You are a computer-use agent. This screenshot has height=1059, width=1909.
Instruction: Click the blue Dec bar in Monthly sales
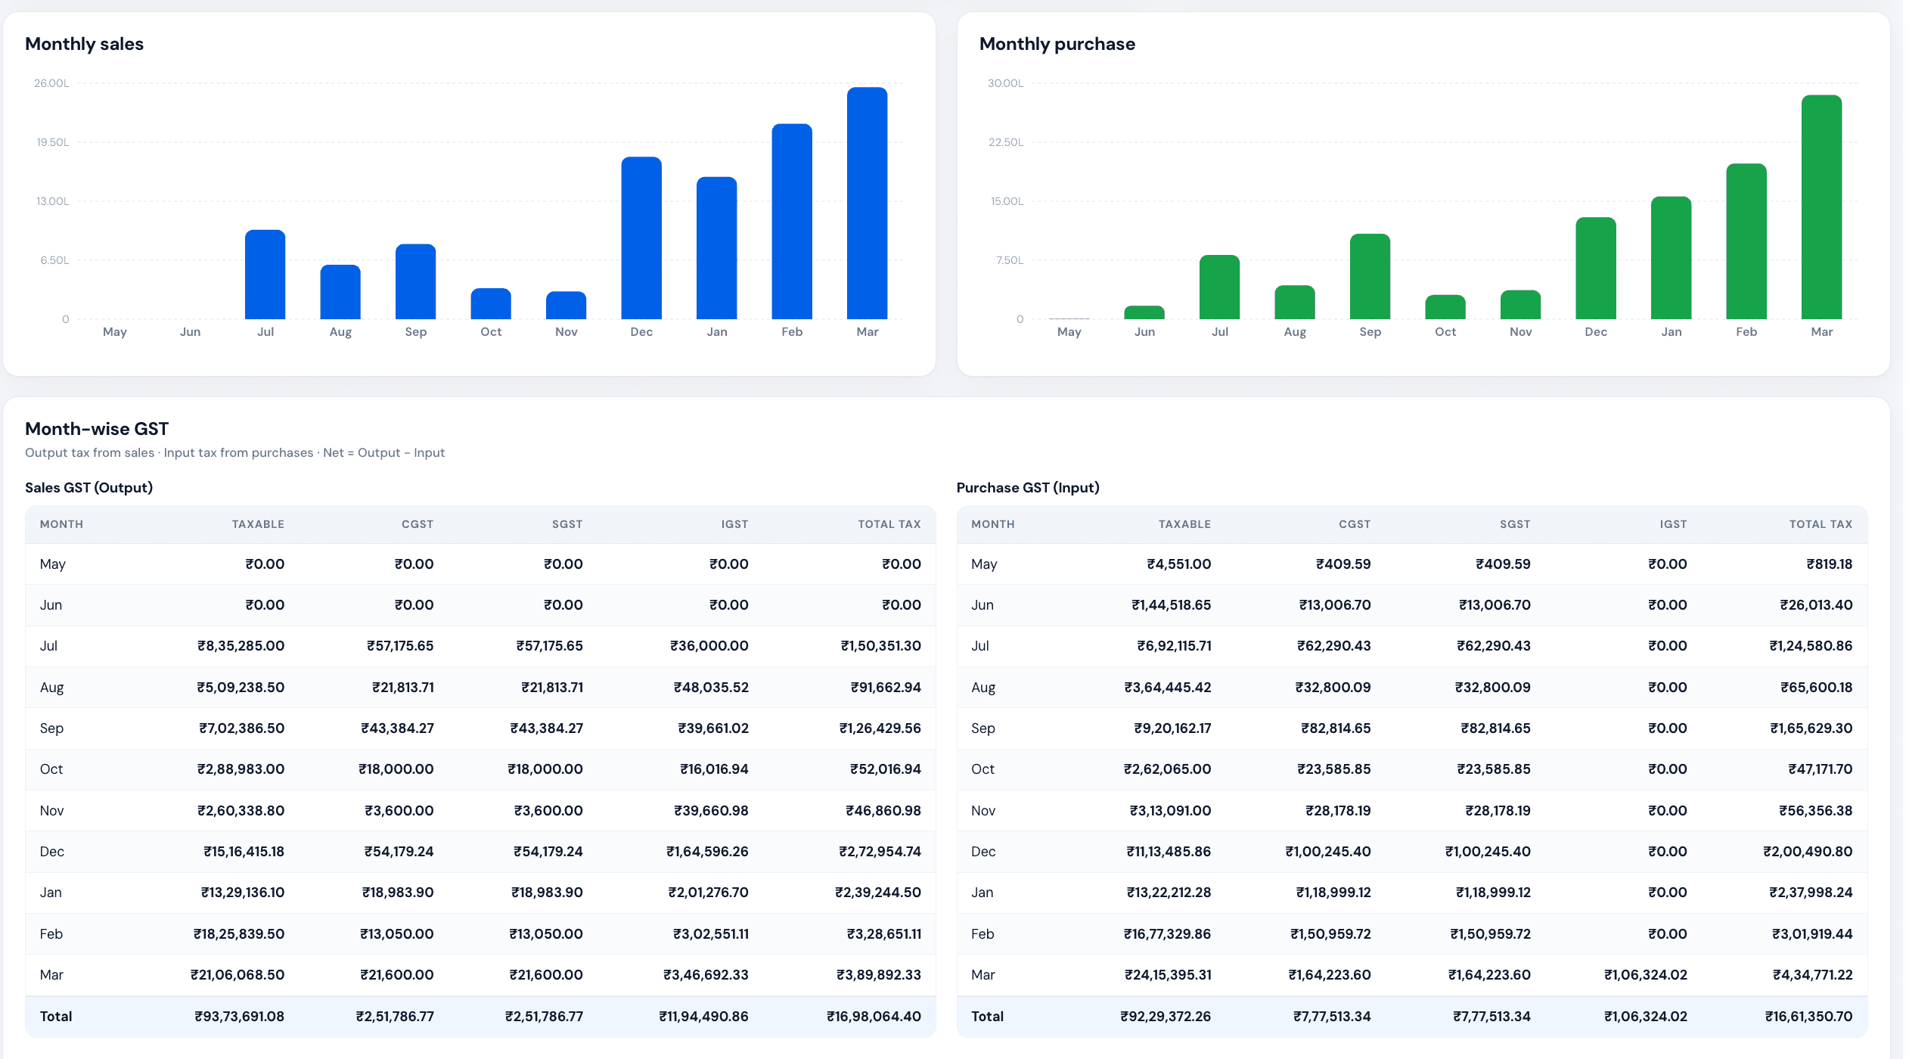[641, 238]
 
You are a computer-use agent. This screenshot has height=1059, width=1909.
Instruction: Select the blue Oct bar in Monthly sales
[491, 303]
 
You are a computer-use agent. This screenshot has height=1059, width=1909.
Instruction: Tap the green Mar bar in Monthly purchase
[1821, 207]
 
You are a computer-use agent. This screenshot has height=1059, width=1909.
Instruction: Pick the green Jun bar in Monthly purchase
[1144, 312]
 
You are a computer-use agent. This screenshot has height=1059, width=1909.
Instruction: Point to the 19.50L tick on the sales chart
[53, 142]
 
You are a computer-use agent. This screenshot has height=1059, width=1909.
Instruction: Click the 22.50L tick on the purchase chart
[1006, 142]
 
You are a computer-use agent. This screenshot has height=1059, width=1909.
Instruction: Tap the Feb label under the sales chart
[792, 331]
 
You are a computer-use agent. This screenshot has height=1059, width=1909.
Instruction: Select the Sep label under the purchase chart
[1370, 331]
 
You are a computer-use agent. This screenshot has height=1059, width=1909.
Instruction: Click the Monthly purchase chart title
[1057, 44]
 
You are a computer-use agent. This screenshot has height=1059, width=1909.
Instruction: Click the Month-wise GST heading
[97, 429]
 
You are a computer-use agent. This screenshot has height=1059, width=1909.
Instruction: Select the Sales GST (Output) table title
[89, 488]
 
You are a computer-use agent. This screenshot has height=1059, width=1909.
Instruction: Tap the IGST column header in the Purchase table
[1673, 524]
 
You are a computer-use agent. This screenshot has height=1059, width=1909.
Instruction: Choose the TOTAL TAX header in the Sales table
[889, 524]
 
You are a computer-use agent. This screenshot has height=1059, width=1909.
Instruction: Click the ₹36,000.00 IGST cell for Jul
[709, 646]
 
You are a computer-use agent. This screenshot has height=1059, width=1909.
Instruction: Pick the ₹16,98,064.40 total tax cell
[874, 1017]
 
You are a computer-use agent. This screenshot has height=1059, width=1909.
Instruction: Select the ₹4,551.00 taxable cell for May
[1179, 564]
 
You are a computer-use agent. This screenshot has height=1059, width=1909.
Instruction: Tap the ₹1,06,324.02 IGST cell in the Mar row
[1646, 975]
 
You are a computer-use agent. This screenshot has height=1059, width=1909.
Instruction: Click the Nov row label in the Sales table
[51, 811]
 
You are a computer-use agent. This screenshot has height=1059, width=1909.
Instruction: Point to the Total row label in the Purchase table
[987, 1017]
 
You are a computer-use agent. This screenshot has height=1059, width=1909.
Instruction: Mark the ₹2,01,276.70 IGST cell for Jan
[709, 893]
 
